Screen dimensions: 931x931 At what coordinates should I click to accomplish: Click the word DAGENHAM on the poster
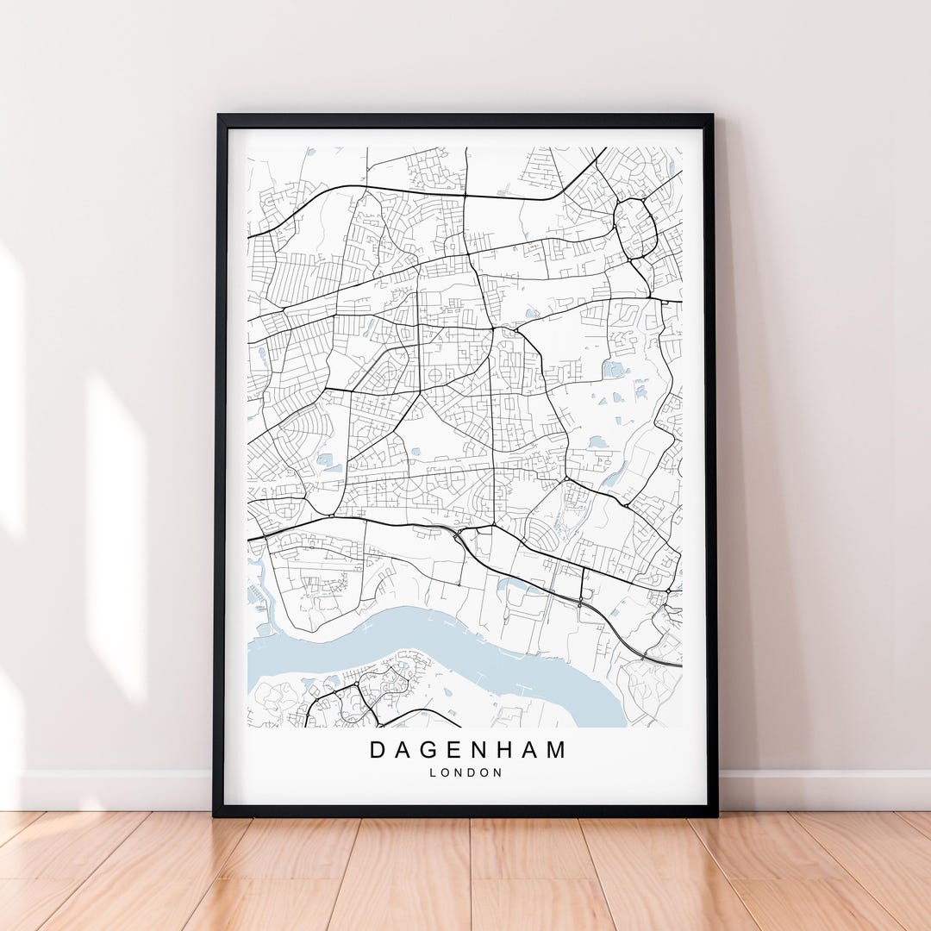click(468, 750)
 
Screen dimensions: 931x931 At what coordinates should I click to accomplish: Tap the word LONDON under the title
click(465, 773)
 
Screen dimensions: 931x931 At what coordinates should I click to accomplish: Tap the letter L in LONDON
click(432, 773)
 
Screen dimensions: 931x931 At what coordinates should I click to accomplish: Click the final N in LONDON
click(498, 773)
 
